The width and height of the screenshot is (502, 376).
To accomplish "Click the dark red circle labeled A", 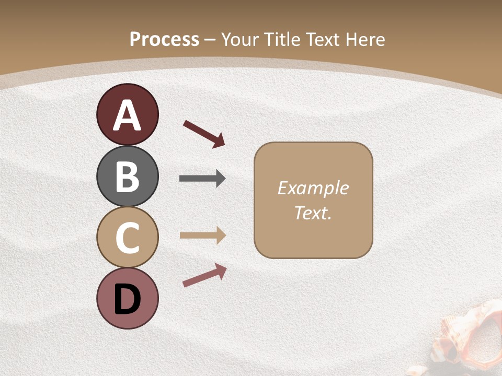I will pos(127,114).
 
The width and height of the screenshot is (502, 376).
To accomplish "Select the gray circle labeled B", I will pos(127,176).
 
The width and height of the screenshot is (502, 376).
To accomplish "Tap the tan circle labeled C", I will pos(127,237).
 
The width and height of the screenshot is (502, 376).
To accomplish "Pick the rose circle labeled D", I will pos(127,298).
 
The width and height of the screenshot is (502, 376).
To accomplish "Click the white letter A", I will pos(127,116).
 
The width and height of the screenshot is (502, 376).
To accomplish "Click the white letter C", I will pos(127,238).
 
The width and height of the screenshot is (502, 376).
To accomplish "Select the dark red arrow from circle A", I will pos(204,134).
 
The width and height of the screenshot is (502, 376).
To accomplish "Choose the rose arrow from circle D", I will pos(204,275).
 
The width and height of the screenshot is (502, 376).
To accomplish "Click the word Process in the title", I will pos(164,40).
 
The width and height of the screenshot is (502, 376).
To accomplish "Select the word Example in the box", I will pos(313,188).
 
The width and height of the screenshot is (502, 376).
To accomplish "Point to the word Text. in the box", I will pos(313,213).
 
